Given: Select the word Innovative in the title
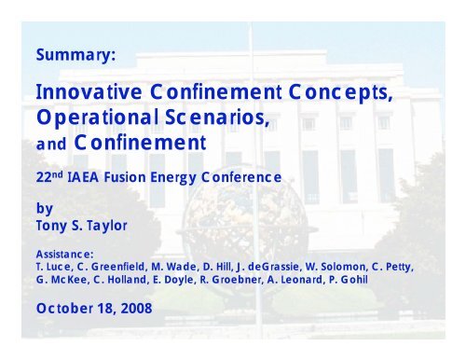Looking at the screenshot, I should point(91,93).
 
